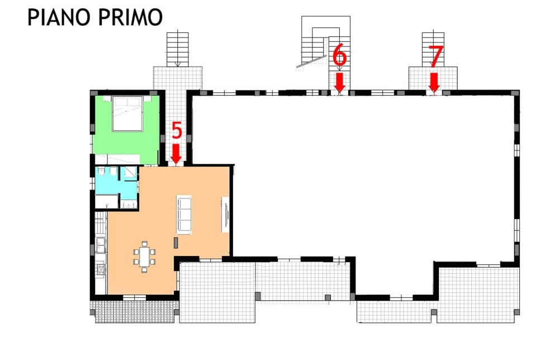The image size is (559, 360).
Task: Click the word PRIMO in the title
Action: (126, 17)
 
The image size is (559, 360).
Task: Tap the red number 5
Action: (177, 130)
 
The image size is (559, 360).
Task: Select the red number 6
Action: (339, 55)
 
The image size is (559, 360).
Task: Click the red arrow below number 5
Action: (176, 154)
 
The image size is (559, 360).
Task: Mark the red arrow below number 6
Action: (340, 83)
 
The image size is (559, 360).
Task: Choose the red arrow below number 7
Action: (434, 83)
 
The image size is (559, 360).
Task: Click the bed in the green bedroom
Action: (127, 113)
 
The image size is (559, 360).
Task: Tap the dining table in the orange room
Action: (144, 257)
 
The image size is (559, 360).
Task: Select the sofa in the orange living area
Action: (184, 215)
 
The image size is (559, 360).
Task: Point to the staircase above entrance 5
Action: (178, 50)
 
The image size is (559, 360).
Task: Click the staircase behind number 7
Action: (433, 50)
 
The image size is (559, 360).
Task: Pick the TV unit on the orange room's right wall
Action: (225, 215)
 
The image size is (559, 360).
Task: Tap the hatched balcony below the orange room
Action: (134, 311)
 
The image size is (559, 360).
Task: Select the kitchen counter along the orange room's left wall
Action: (101, 253)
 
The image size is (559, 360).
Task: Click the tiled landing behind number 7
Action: (433, 78)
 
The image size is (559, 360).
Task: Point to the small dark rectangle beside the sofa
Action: (176, 243)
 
